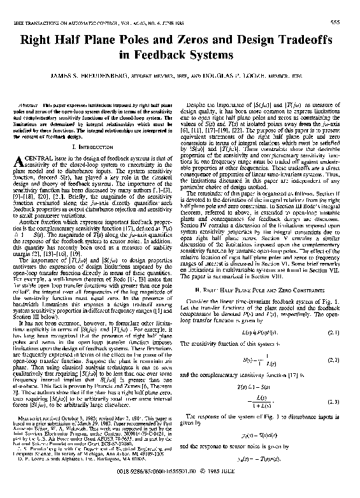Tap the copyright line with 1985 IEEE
click(180, 491)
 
